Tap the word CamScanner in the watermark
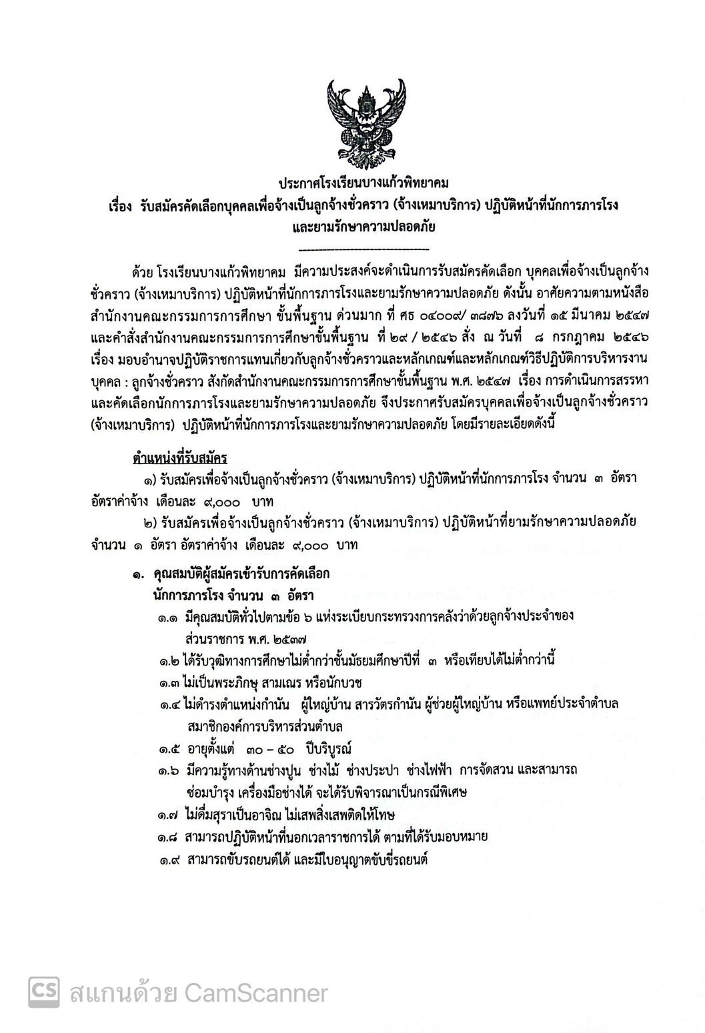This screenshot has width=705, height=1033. pyautogui.click(x=257, y=993)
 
